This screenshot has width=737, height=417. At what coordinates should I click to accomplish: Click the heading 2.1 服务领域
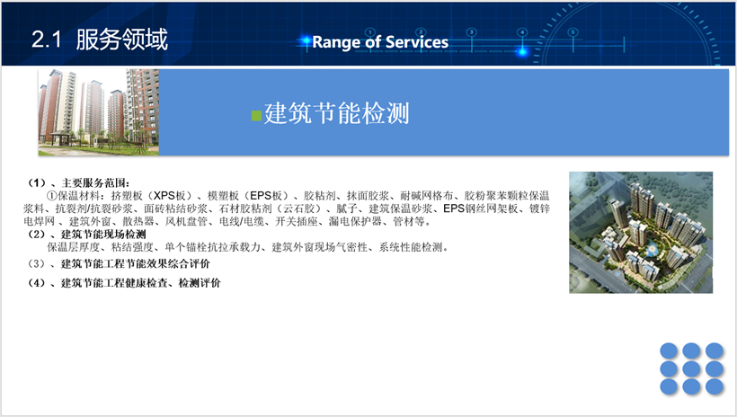(x=100, y=39)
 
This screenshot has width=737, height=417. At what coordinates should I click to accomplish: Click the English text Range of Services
(x=380, y=42)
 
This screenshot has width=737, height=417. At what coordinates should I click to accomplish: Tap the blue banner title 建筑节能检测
(x=336, y=113)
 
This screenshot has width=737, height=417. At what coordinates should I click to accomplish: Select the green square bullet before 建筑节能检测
(x=257, y=116)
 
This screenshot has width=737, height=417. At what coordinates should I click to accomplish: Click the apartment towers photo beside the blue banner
(x=99, y=112)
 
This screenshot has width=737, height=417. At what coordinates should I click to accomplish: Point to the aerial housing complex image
(x=641, y=232)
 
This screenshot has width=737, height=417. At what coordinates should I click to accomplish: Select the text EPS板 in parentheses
(x=269, y=196)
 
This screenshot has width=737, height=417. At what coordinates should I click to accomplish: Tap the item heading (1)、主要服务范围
(x=78, y=182)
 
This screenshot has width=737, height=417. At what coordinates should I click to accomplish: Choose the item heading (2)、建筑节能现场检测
(x=86, y=235)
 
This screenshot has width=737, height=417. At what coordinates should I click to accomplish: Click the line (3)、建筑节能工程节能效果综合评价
(x=119, y=263)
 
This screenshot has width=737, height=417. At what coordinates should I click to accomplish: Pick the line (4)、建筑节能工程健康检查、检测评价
(x=124, y=283)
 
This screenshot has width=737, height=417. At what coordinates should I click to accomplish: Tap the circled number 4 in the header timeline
(x=522, y=32)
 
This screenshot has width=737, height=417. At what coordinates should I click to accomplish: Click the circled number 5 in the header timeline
(x=573, y=32)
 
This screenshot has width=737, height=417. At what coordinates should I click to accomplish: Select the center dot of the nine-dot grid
(x=691, y=368)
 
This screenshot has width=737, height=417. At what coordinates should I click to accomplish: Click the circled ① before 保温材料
(x=52, y=196)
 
